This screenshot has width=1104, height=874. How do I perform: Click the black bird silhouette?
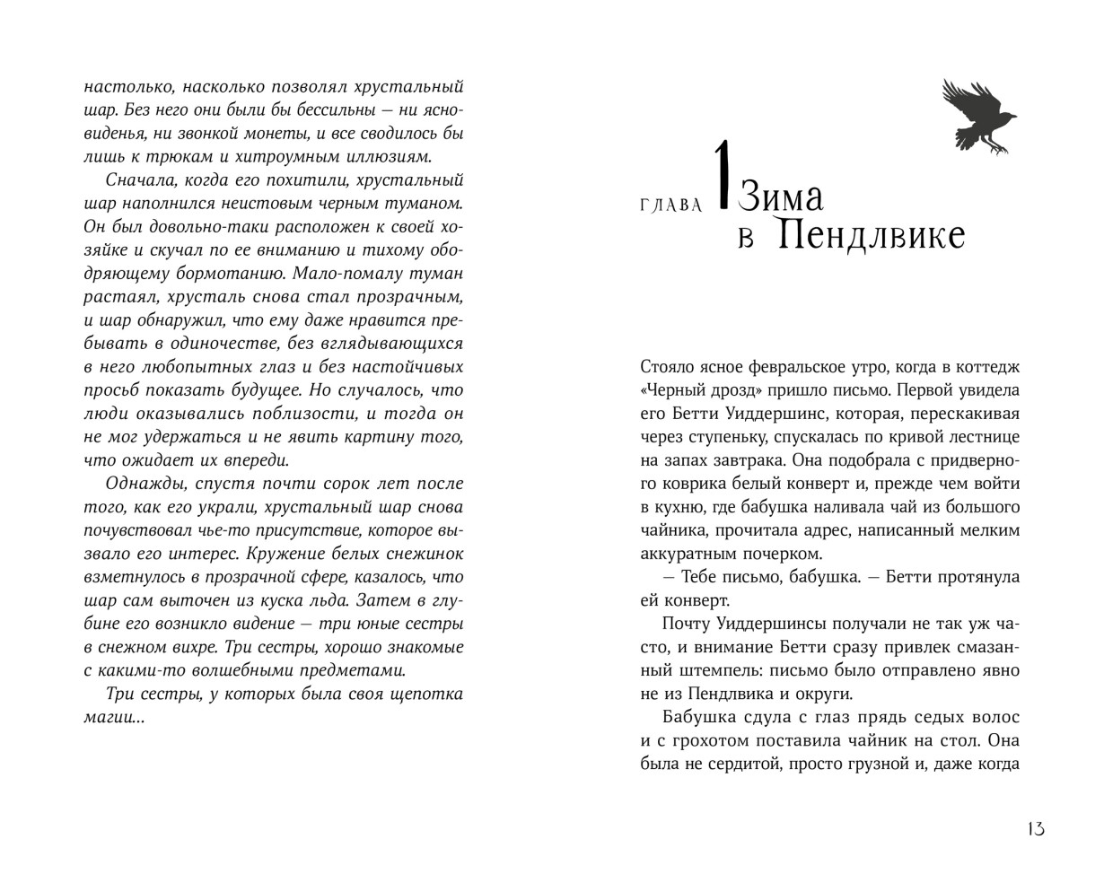[x=977, y=116]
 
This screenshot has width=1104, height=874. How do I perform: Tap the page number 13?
[x=1036, y=828]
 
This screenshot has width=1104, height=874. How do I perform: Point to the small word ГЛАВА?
[x=671, y=205]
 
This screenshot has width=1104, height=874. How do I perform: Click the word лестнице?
[x=983, y=437]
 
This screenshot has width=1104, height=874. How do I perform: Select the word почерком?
[x=781, y=554]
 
